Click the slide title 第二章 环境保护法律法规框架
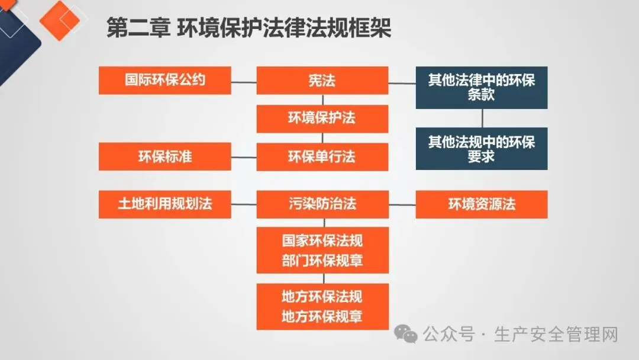click(x=248, y=28)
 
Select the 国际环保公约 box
click(x=164, y=80)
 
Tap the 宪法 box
click(x=322, y=80)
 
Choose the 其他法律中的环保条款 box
click(x=481, y=87)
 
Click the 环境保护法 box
click(x=322, y=118)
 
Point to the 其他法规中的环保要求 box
click(x=481, y=149)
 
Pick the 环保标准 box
click(x=164, y=157)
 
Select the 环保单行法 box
click(x=322, y=157)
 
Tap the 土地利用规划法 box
click(x=164, y=204)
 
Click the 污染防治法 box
click(x=322, y=204)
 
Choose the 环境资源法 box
click(x=481, y=204)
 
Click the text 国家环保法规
click(x=322, y=241)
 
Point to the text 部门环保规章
click(x=322, y=261)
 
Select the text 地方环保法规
click(x=322, y=297)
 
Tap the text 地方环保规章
click(x=322, y=317)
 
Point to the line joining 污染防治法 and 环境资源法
click(x=402, y=205)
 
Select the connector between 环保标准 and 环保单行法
click(x=243, y=157)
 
